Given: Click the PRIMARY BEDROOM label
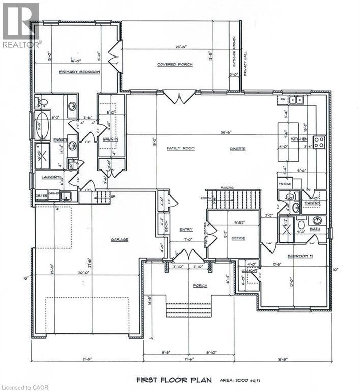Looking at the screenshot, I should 79,72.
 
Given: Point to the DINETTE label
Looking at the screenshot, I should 237,149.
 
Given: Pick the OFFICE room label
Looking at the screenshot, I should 237,238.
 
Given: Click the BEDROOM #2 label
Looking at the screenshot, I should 299,257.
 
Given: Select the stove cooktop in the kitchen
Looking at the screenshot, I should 319,142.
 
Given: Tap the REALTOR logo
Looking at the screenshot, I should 21,26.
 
